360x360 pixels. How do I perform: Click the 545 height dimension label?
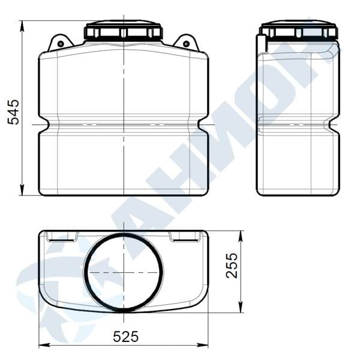click(x=13, y=112)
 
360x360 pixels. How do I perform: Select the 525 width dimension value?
click(x=126, y=337)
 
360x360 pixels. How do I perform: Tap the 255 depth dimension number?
click(x=232, y=266)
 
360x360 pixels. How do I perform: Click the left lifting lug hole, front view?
click(x=61, y=44)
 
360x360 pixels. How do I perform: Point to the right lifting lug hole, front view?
click(x=187, y=43)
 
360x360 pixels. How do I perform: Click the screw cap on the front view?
click(x=124, y=30)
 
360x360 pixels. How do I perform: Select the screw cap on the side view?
click(x=298, y=31)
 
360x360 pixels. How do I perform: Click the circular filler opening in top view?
click(x=124, y=272)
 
